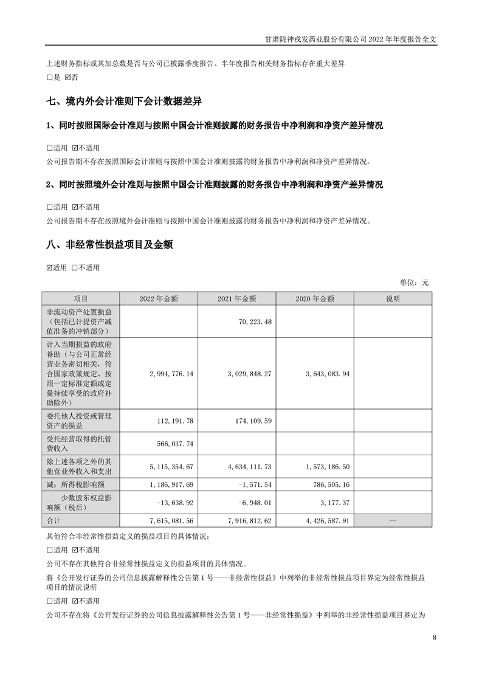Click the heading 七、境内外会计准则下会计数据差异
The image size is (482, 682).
point(124,101)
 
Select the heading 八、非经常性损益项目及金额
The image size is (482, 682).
point(109,245)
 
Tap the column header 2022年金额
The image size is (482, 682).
point(159,298)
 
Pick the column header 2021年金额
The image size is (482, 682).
point(236,298)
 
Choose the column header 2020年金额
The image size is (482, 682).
point(314,298)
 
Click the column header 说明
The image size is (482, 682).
point(393,298)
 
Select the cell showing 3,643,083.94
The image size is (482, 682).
point(324,373)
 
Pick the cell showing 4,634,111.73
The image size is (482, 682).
point(246,466)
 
